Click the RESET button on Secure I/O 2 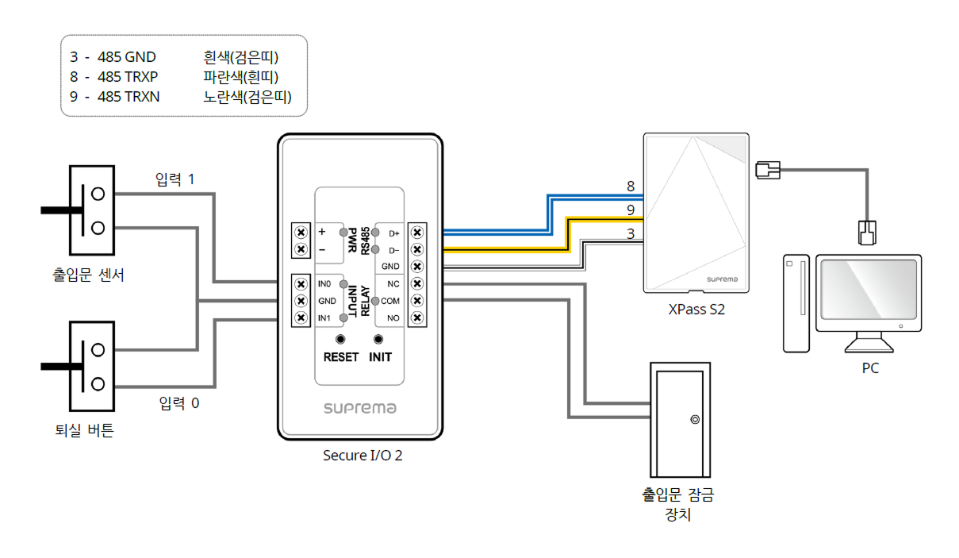(x=340, y=340)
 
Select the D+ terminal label (x=393, y=233)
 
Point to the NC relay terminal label (x=393, y=283)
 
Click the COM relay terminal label (x=390, y=301)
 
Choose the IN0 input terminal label (x=324, y=283)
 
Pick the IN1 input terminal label (x=324, y=318)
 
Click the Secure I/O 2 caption (x=357, y=456)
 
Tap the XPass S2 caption (x=696, y=310)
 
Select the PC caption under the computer (x=870, y=368)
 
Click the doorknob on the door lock (x=694, y=420)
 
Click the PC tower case (x=796, y=302)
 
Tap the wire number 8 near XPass (x=631, y=187)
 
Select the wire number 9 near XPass (x=631, y=210)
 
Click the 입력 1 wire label (x=175, y=179)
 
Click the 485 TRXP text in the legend (x=127, y=78)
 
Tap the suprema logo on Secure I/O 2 (x=359, y=408)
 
